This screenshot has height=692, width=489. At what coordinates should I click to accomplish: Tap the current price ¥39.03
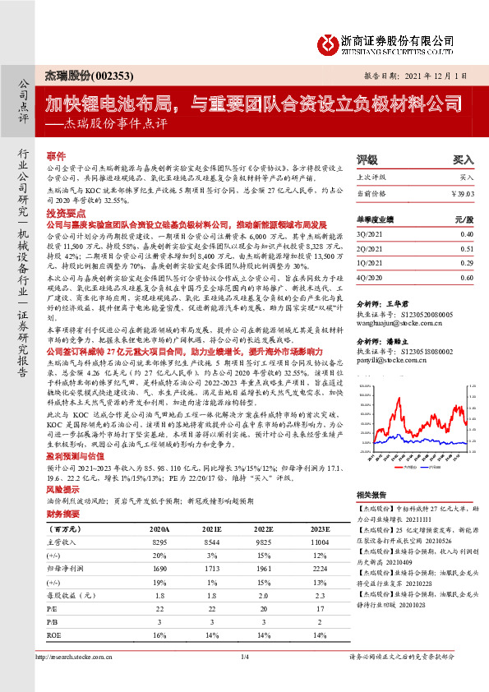point(463,192)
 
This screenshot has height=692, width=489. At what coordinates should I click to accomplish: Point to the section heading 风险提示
point(62,488)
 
